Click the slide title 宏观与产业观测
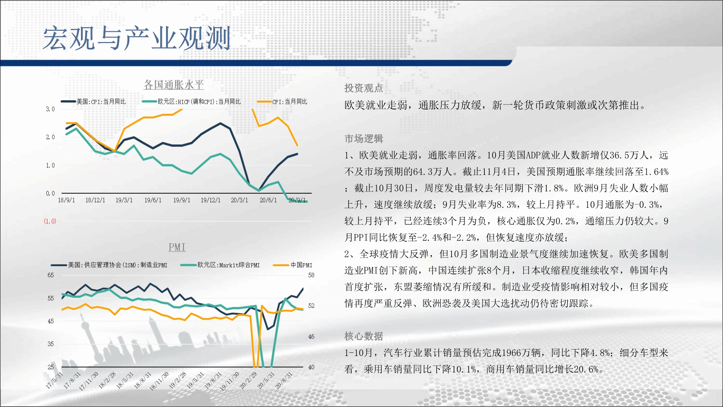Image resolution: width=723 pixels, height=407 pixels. click(x=137, y=38)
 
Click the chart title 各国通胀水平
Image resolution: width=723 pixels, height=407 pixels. click(x=174, y=85)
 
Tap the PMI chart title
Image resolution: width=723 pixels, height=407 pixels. click(x=177, y=247)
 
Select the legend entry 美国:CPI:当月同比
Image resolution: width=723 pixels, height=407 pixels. click(x=94, y=102)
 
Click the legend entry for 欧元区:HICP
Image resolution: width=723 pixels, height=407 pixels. click(x=192, y=102)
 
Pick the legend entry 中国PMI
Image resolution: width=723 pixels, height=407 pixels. click(x=293, y=265)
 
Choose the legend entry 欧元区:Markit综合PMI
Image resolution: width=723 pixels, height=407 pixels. click(x=220, y=265)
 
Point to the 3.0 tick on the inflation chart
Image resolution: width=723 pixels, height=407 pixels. click(x=50, y=109)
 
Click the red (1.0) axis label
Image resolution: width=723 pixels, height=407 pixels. click(x=50, y=221)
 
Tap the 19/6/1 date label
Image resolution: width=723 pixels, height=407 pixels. click(x=153, y=200)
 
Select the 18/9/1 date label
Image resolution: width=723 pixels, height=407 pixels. click(x=67, y=200)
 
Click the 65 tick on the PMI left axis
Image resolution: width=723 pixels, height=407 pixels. click(x=51, y=275)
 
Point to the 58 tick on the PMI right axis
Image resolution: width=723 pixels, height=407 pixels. click(x=311, y=275)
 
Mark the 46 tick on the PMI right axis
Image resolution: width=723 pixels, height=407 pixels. click(x=311, y=336)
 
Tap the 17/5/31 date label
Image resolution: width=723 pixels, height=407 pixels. click(x=54, y=380)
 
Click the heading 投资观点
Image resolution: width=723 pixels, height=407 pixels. click(x=364, y=88)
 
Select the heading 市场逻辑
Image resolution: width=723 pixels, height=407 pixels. click(x=364, y=139)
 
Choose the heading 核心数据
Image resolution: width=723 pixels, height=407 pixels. click(x=364, y=336)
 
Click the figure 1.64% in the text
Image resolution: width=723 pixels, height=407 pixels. click(x=656, y=171)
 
